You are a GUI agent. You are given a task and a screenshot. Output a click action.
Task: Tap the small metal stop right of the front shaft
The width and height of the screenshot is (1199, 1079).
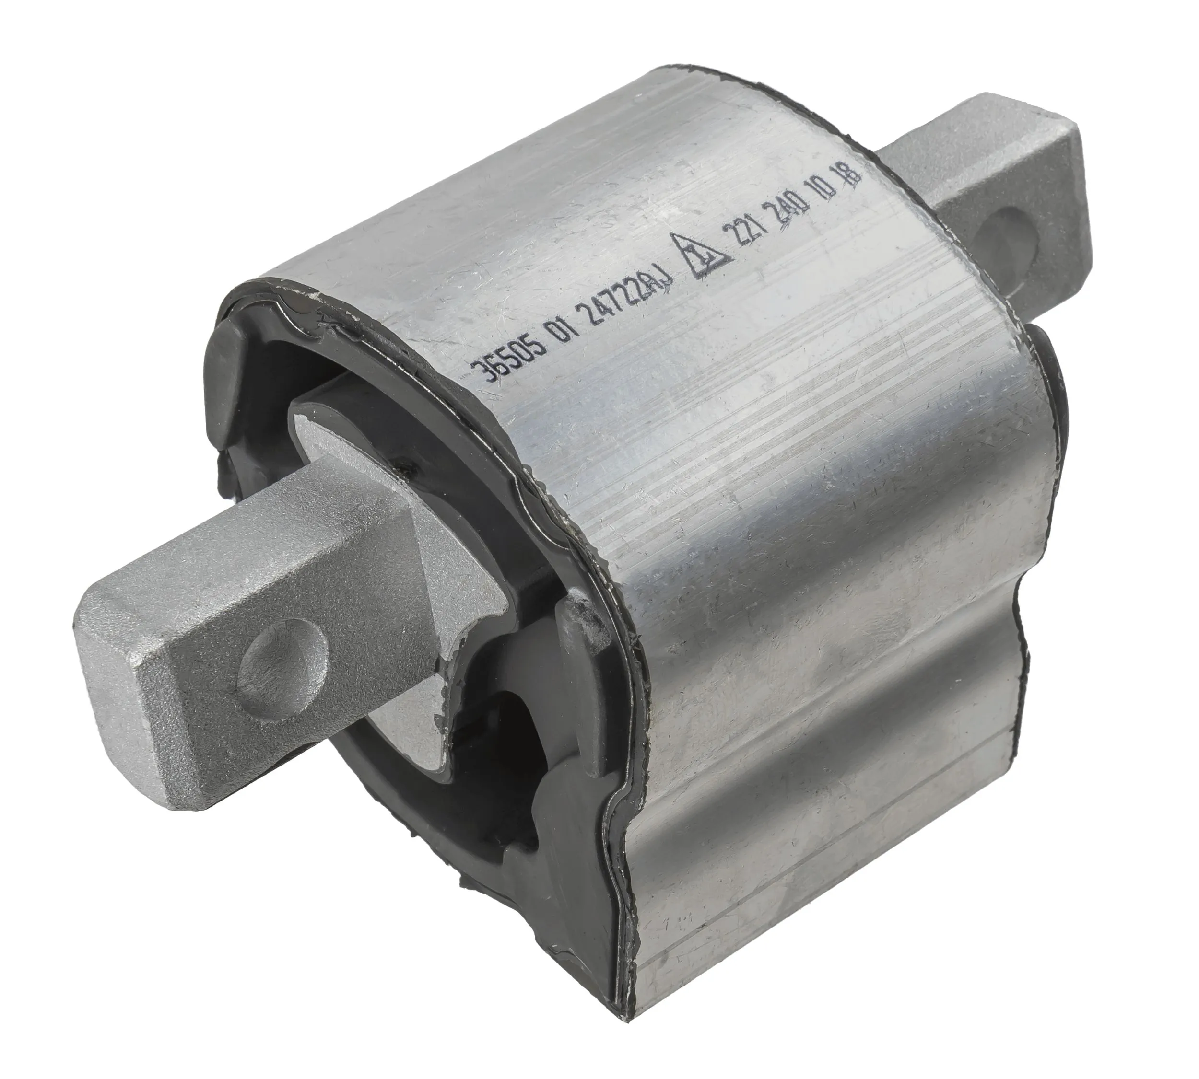tap(578, 640)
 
